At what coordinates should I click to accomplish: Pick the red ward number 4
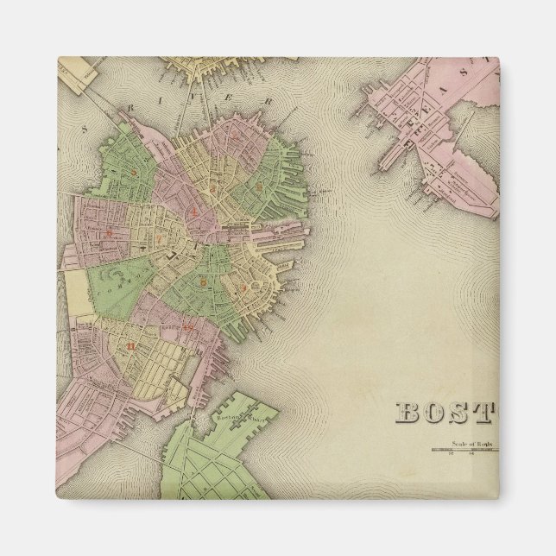tap(197, 210)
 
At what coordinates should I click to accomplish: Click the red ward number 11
tap(130, 347)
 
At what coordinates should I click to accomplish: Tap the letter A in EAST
tap(449, 84)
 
